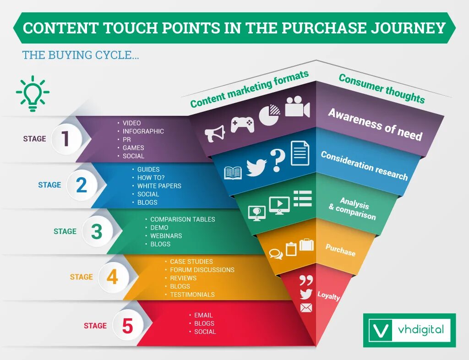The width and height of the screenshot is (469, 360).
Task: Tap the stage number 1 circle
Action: [66, 138]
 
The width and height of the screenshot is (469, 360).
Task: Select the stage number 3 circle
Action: [96, 231]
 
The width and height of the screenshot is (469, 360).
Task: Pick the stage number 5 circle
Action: [127, 326]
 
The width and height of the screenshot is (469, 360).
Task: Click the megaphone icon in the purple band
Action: [214, 133]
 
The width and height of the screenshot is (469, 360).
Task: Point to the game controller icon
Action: [242, 124]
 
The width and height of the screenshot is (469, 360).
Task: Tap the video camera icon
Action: [297, 107]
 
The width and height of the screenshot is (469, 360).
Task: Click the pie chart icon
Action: [269, 115]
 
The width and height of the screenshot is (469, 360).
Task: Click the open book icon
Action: [233, 173]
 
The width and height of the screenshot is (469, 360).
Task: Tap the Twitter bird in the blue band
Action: [256, 168]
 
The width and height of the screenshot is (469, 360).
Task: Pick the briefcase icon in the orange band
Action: [306, 245]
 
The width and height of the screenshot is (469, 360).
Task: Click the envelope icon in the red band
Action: [306, 308]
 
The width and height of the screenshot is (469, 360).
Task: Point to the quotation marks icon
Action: [306, 280]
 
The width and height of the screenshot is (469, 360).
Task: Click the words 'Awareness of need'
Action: [375, 124]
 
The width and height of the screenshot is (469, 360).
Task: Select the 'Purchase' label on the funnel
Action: [340, 250]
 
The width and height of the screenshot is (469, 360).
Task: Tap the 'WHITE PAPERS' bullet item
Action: [159, 186]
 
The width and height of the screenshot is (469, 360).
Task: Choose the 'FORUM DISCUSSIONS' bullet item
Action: [202, 270]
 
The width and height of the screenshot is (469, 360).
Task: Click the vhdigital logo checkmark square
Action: [381, 330]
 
